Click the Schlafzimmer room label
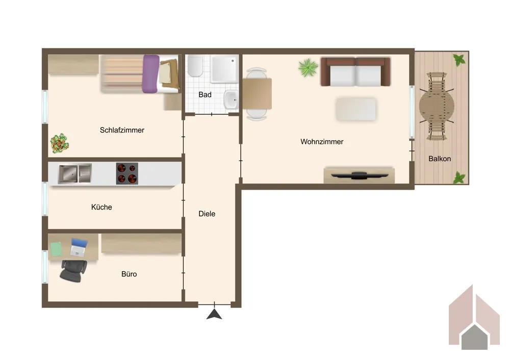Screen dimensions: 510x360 [x=122, y=130]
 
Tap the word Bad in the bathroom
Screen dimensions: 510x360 [x=205, y=95]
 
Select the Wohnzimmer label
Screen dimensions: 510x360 [x=322, y=141]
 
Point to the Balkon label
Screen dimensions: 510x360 [x=440, y=159]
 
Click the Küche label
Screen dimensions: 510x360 [x=101, y=207]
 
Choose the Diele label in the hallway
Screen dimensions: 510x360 [x=207, y=214]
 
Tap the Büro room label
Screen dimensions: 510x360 [x=129, y=274]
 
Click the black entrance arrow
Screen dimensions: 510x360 [x=214, y=315]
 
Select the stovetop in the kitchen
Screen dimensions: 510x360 [x=127, y=174]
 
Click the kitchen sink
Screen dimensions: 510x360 [x=75, y=174]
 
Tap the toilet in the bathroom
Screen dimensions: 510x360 [x=195, y=66]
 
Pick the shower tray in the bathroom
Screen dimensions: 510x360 [x=224, y=69]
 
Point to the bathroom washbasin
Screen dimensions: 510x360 [x=231, y=99]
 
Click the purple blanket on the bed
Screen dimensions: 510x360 [x=150, y=74]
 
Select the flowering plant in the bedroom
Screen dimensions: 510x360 [x=60, y=143]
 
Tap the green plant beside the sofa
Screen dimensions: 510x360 [x=308, y=68]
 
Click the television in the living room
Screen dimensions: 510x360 [x=360, y=175]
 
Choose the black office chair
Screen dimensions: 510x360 [x=74, y=271]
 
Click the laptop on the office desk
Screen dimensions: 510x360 [x=79, y=247]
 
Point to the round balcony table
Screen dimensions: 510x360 [x=437, y=106]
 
